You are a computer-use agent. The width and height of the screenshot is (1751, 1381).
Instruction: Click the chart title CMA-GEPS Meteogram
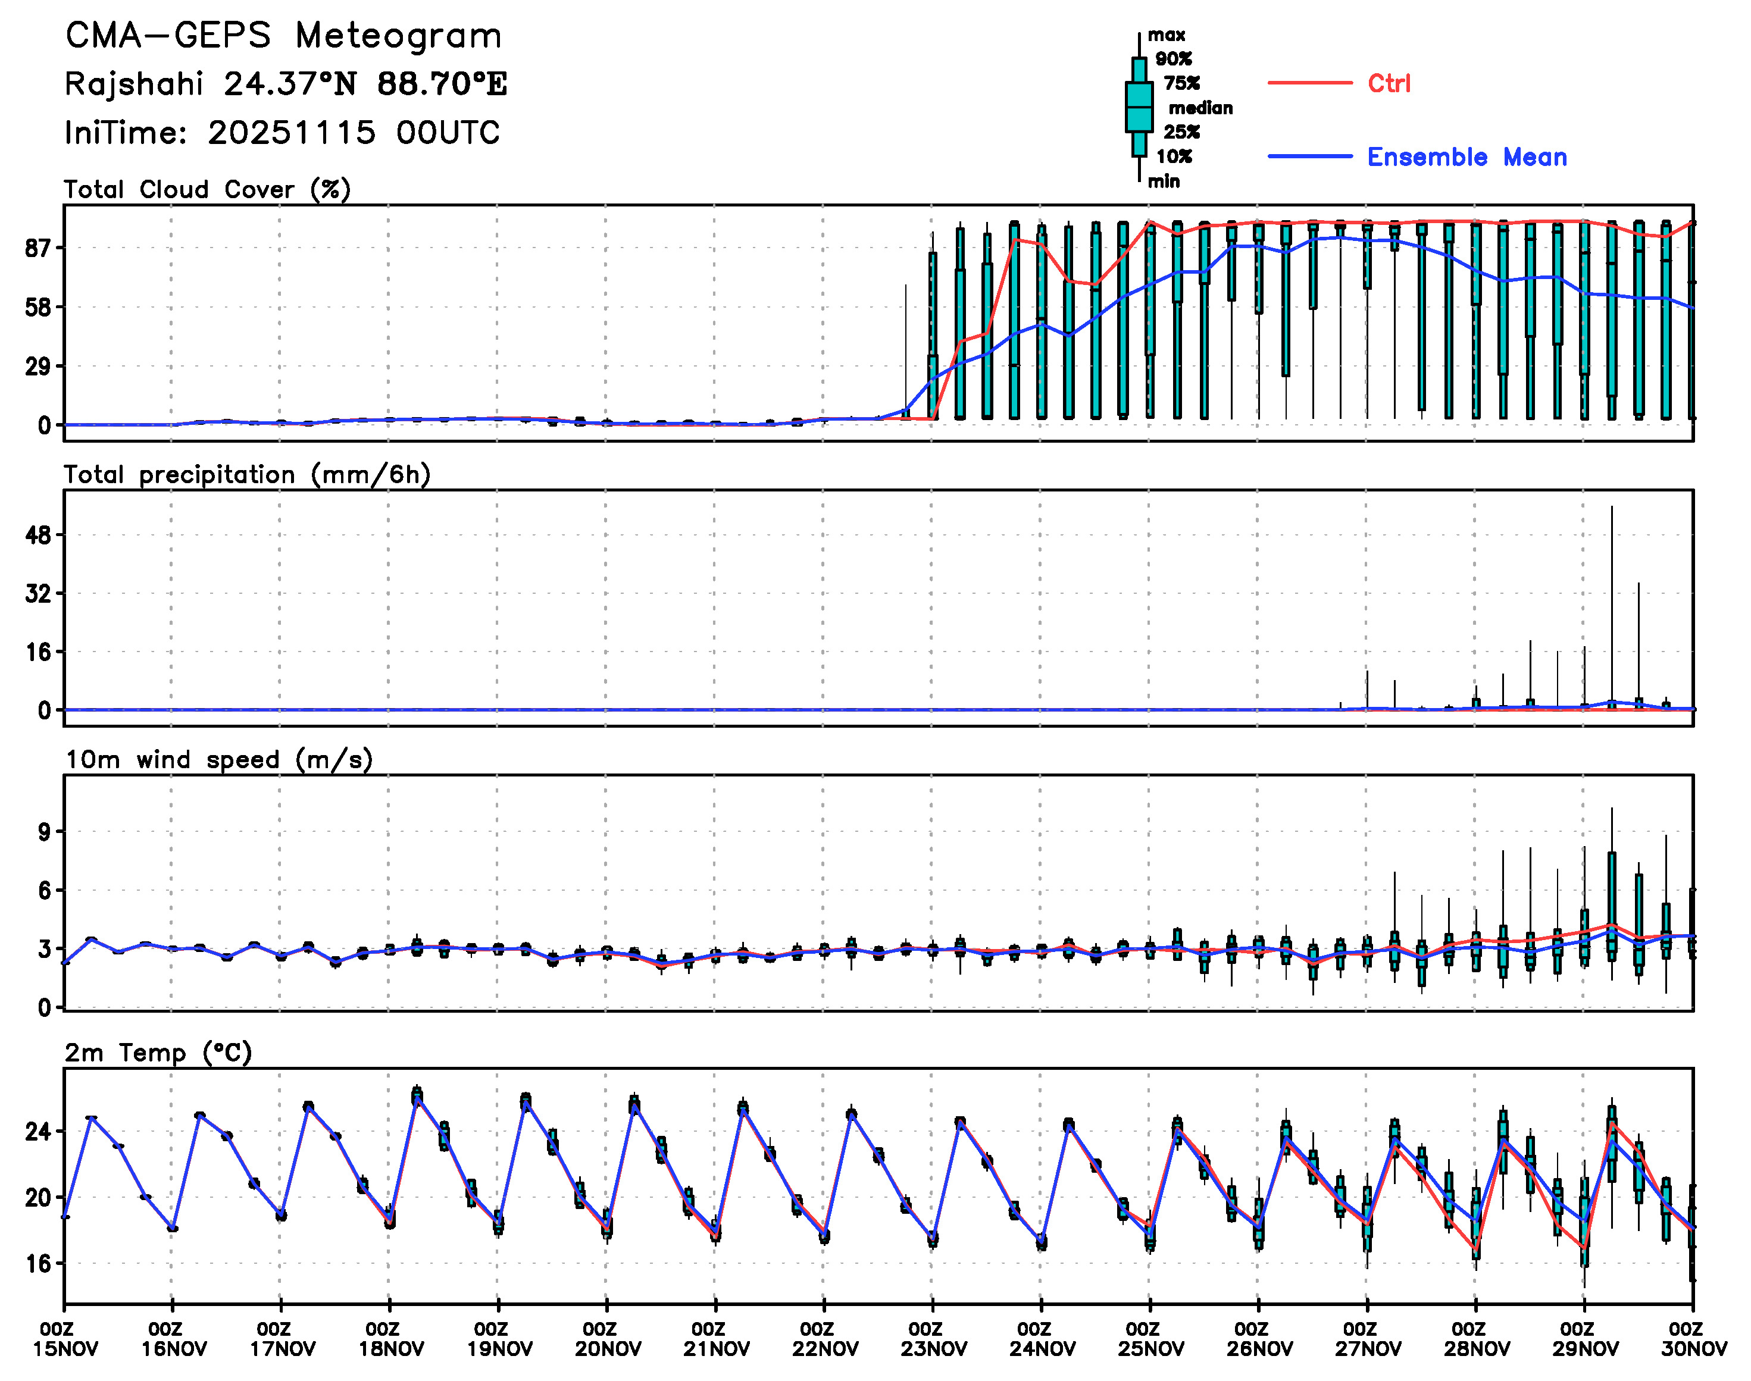283,36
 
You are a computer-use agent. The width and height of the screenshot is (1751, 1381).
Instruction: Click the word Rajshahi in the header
133,84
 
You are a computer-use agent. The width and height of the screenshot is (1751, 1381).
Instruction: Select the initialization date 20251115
291,133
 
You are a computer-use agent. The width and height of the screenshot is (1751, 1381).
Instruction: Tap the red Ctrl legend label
1389,83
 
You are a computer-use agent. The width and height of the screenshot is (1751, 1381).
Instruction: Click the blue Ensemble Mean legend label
1467,157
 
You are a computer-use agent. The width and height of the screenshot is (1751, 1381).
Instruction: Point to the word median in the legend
1200,108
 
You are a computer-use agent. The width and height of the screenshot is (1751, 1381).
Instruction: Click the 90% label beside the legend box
1172,59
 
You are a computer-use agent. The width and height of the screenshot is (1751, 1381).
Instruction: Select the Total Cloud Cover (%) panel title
207,190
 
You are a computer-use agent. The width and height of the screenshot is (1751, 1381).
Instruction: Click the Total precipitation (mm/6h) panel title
246,475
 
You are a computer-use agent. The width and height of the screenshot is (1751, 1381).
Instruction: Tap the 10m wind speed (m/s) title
218,760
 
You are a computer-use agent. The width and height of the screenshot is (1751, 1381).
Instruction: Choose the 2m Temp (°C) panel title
158,1053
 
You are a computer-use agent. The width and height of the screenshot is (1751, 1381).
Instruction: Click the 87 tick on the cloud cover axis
38,248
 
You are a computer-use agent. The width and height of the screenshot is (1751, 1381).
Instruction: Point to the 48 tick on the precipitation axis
38,536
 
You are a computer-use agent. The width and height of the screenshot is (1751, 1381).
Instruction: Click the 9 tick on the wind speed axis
43,832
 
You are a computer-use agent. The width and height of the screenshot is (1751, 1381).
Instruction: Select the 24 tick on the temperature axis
38,1131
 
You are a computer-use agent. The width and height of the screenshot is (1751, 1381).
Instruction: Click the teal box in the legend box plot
1139,107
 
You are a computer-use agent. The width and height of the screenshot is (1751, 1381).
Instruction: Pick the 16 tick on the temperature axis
38,1264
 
